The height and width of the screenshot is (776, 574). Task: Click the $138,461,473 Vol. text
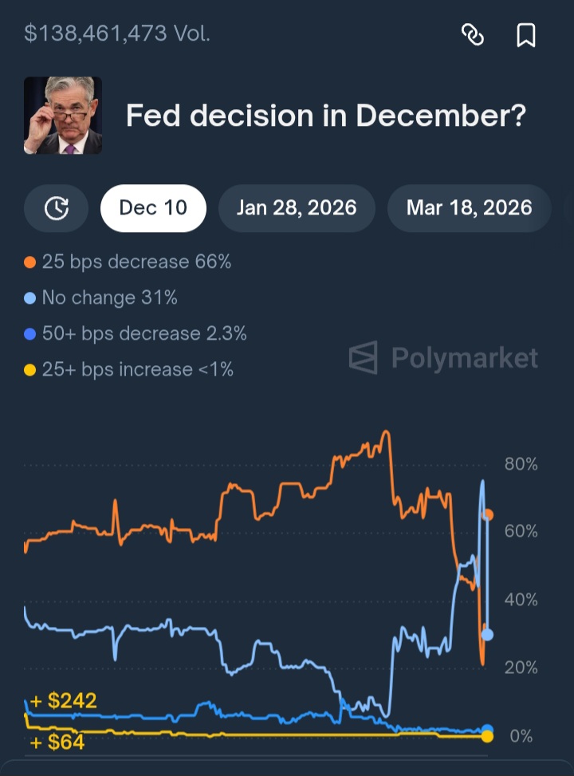(x=117, y=33)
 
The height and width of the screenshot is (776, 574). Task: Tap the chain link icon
(x=473, y=34)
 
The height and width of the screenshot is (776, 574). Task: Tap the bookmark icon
(x=526, y=34)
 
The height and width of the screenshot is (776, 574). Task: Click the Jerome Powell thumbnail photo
(x=63, y=116)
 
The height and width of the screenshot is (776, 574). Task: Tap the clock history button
(x=56, y=208)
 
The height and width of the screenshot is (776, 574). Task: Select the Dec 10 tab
(x=153, y=208)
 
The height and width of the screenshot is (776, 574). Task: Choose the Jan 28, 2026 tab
(x=297, y=208)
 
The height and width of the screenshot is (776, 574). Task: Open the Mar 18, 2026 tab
(x=469, y=208)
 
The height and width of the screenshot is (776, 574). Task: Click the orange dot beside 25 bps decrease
(x=30, y=262)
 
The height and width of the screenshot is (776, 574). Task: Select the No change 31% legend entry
(x=109, y=298)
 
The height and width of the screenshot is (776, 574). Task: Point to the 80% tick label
(x=521, y=464)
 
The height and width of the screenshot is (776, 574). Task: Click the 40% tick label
(x=521, y=600)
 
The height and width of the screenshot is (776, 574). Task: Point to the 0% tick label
(x=521, y=735)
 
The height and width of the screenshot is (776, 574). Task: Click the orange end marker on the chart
(x=488, y=515)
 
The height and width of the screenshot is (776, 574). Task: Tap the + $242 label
(x=64, y=701)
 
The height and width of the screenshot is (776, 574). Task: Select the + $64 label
(x=57, y=744)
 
